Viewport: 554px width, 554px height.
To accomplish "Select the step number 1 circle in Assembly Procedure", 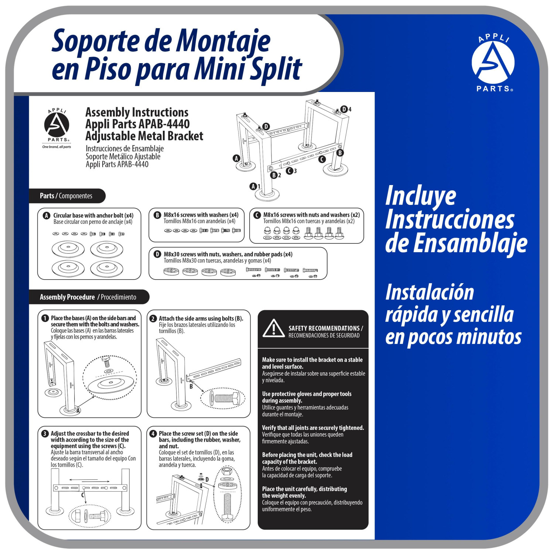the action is coord(45,318).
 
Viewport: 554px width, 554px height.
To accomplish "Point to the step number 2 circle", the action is coord(153,318).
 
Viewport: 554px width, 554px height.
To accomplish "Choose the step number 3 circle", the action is coord(45,434).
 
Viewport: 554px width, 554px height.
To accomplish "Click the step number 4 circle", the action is coord(153,434).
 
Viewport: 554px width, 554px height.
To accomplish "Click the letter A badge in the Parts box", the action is coord(47,216).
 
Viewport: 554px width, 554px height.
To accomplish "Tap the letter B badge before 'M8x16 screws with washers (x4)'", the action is coord(157,215).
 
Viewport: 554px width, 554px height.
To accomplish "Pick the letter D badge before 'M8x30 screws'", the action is coord(157,254).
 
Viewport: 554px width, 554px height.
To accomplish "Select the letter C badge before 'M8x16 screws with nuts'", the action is coord(257,215).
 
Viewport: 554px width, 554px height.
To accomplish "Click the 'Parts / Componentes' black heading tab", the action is coord(67,196).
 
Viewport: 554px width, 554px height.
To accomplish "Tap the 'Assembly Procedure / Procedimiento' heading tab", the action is coord(89,297).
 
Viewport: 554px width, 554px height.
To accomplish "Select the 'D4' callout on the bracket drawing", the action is coord(346,109).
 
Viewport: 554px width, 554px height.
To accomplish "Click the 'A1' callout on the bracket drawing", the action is coord(255,187).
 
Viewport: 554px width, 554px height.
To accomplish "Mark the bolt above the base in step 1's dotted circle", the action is coord(107,361).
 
